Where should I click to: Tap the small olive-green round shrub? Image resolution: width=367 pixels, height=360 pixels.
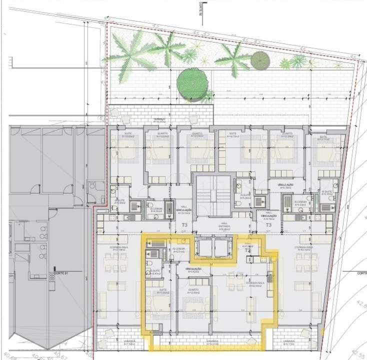point(260,60)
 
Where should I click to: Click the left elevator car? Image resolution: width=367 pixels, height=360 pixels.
point(202,246)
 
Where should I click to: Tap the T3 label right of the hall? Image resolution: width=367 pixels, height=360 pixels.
point(268,225)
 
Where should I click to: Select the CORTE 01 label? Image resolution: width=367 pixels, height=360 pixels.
point(60,272)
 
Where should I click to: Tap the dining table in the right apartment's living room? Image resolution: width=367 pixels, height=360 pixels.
point(306,259)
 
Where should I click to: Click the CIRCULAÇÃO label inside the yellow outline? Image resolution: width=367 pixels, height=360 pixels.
point(193,269)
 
